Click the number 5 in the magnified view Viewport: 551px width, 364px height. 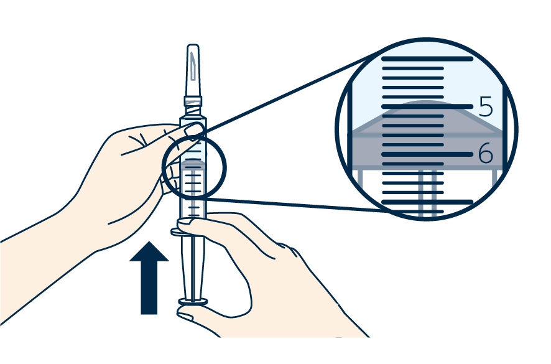pyautogui.click(x=486, y=107)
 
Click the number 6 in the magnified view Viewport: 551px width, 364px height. pyautogui.click(x=486, y=154)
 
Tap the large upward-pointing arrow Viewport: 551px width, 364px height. pyautogui.click(x=149, y=278)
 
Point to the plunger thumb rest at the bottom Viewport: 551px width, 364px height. pyautogui.click(x=193, y=302)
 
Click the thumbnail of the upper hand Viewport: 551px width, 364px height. pyautogui.click(x=194, y=129)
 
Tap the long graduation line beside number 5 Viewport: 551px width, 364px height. pyautogui.click(x=427, y=106)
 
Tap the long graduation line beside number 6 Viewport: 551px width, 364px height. pyautogui.click(x=427, y=154)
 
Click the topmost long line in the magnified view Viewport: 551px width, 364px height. pyautogui.click(x=427, y=59)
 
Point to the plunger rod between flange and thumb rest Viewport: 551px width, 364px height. pyautogui.click(x=193, y=268)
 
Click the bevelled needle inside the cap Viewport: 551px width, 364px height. pyautogui.click(x=194, y=66)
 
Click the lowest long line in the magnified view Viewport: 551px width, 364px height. pyautogui.click(x=427, y=202)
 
